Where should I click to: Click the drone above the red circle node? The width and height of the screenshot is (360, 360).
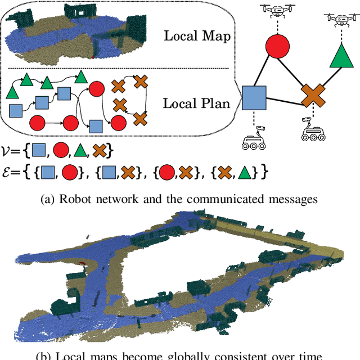[x=277, y=12]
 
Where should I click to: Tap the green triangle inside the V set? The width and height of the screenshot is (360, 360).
[x=82, y=151]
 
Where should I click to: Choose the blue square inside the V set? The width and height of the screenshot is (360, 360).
[x=38, y=151]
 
